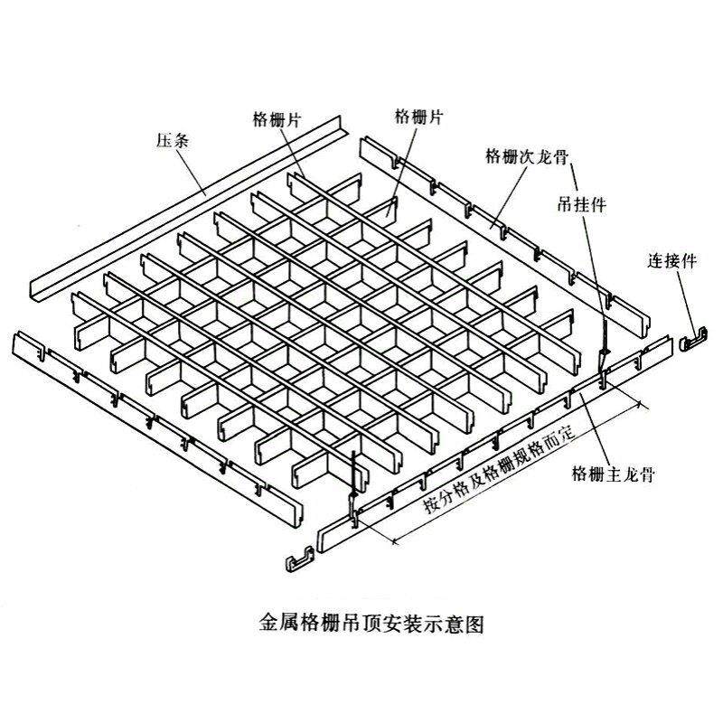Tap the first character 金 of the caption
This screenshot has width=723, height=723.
pos(268,624)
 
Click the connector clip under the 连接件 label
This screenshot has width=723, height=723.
pos(693,336)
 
